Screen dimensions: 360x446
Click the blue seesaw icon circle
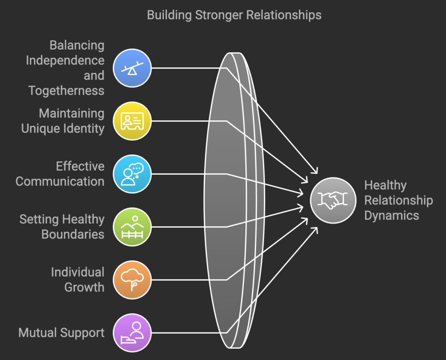click(x=132, y=68)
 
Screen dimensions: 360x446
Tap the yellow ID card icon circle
click(x=132, y=121)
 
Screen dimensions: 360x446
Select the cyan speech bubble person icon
click(x=132, y=174)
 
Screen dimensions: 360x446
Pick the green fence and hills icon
click(x=132, y=227)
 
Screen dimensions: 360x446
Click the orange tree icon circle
click(x=132, y=279)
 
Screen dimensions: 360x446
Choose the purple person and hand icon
click(x=132, y=333)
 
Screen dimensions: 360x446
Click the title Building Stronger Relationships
click(x=234, y=15)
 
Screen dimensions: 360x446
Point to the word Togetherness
click(x=66, y=90)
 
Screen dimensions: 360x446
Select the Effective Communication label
click(x=60, y=173)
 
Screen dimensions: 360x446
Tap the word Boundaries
click(x=73, y=234)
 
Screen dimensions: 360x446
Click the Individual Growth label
click(x=78, y=279)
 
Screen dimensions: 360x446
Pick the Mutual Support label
click(x=61, y=333)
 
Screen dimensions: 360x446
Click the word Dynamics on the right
click(x=392, y=215)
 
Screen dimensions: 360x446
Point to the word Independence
click(x=65, y=60)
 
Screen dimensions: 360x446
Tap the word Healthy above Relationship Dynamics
click(x=385, y=185)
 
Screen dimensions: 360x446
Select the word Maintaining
click(x=71, y=113)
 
